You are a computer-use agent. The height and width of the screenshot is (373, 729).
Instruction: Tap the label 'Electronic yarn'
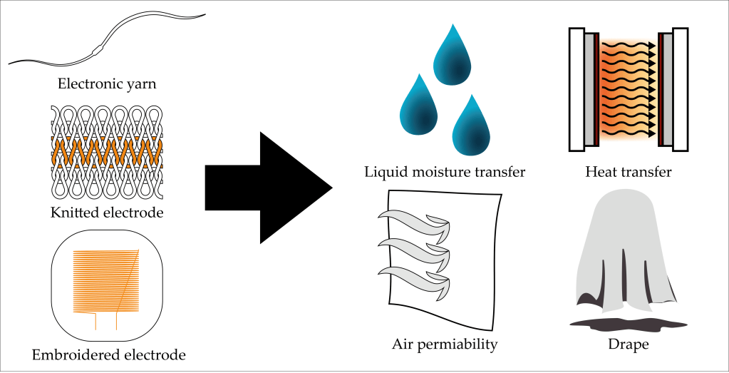tap(107, 84)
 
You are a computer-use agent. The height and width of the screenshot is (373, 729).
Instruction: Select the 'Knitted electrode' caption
tap(107, 213)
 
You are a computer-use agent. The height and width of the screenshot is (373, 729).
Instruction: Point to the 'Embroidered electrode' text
tap(108, 354)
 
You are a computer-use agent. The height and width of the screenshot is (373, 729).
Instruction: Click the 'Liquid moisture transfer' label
tap(445, 172)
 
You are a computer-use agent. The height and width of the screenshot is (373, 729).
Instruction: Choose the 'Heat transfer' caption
tap(628, 172)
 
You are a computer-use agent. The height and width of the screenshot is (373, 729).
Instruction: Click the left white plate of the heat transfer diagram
tap(576, 89)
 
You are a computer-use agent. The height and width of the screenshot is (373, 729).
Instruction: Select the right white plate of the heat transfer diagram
tap(680, 89)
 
